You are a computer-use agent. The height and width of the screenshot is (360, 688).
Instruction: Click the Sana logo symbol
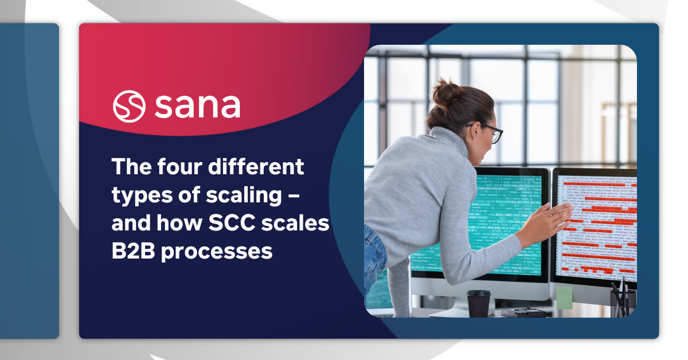point(129,106)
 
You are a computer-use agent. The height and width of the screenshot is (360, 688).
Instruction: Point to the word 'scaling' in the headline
point(243,195)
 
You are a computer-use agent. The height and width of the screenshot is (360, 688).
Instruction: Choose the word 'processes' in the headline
point(217,252)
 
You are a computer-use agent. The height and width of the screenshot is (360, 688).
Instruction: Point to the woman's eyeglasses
point(491,132)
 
